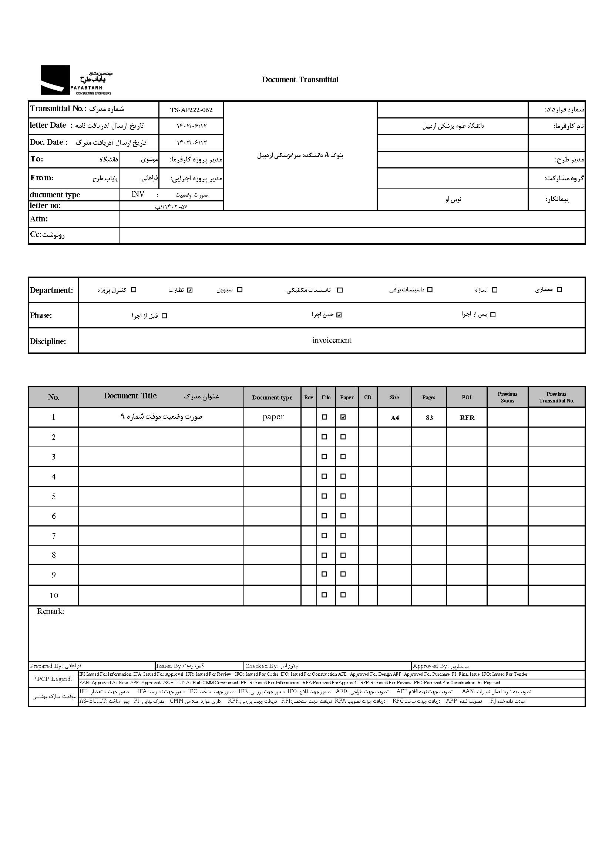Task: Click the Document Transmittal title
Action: click(300, 80)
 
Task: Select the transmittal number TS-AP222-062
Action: click(191, 110)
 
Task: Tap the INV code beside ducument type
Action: click(138, 194)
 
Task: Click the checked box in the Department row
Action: click(190, 290)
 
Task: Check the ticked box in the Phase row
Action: click(339, 315)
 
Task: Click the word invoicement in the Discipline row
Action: click(332, 340)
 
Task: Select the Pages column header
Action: click(428, 397)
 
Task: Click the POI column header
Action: click(467, 397)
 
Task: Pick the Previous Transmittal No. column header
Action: click(556, 397)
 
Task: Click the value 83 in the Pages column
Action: click(429, 418)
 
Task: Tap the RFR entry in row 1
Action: click(467, 418)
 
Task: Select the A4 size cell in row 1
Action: click(394, 418)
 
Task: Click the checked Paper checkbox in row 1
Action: click(343, 417)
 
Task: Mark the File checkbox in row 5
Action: click(324, 496)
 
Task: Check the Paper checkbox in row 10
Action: click(343, 595)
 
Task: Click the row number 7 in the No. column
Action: click(54, 536)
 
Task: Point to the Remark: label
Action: click(50, 611)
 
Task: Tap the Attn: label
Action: click(39, 219)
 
